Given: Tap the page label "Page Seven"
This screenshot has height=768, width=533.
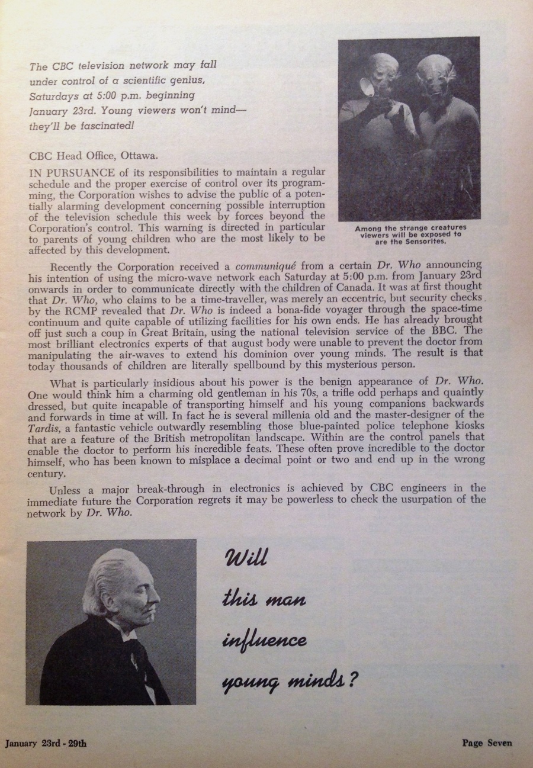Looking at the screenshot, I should [487, 743].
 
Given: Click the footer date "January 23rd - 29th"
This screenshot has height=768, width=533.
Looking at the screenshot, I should [46, 744].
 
